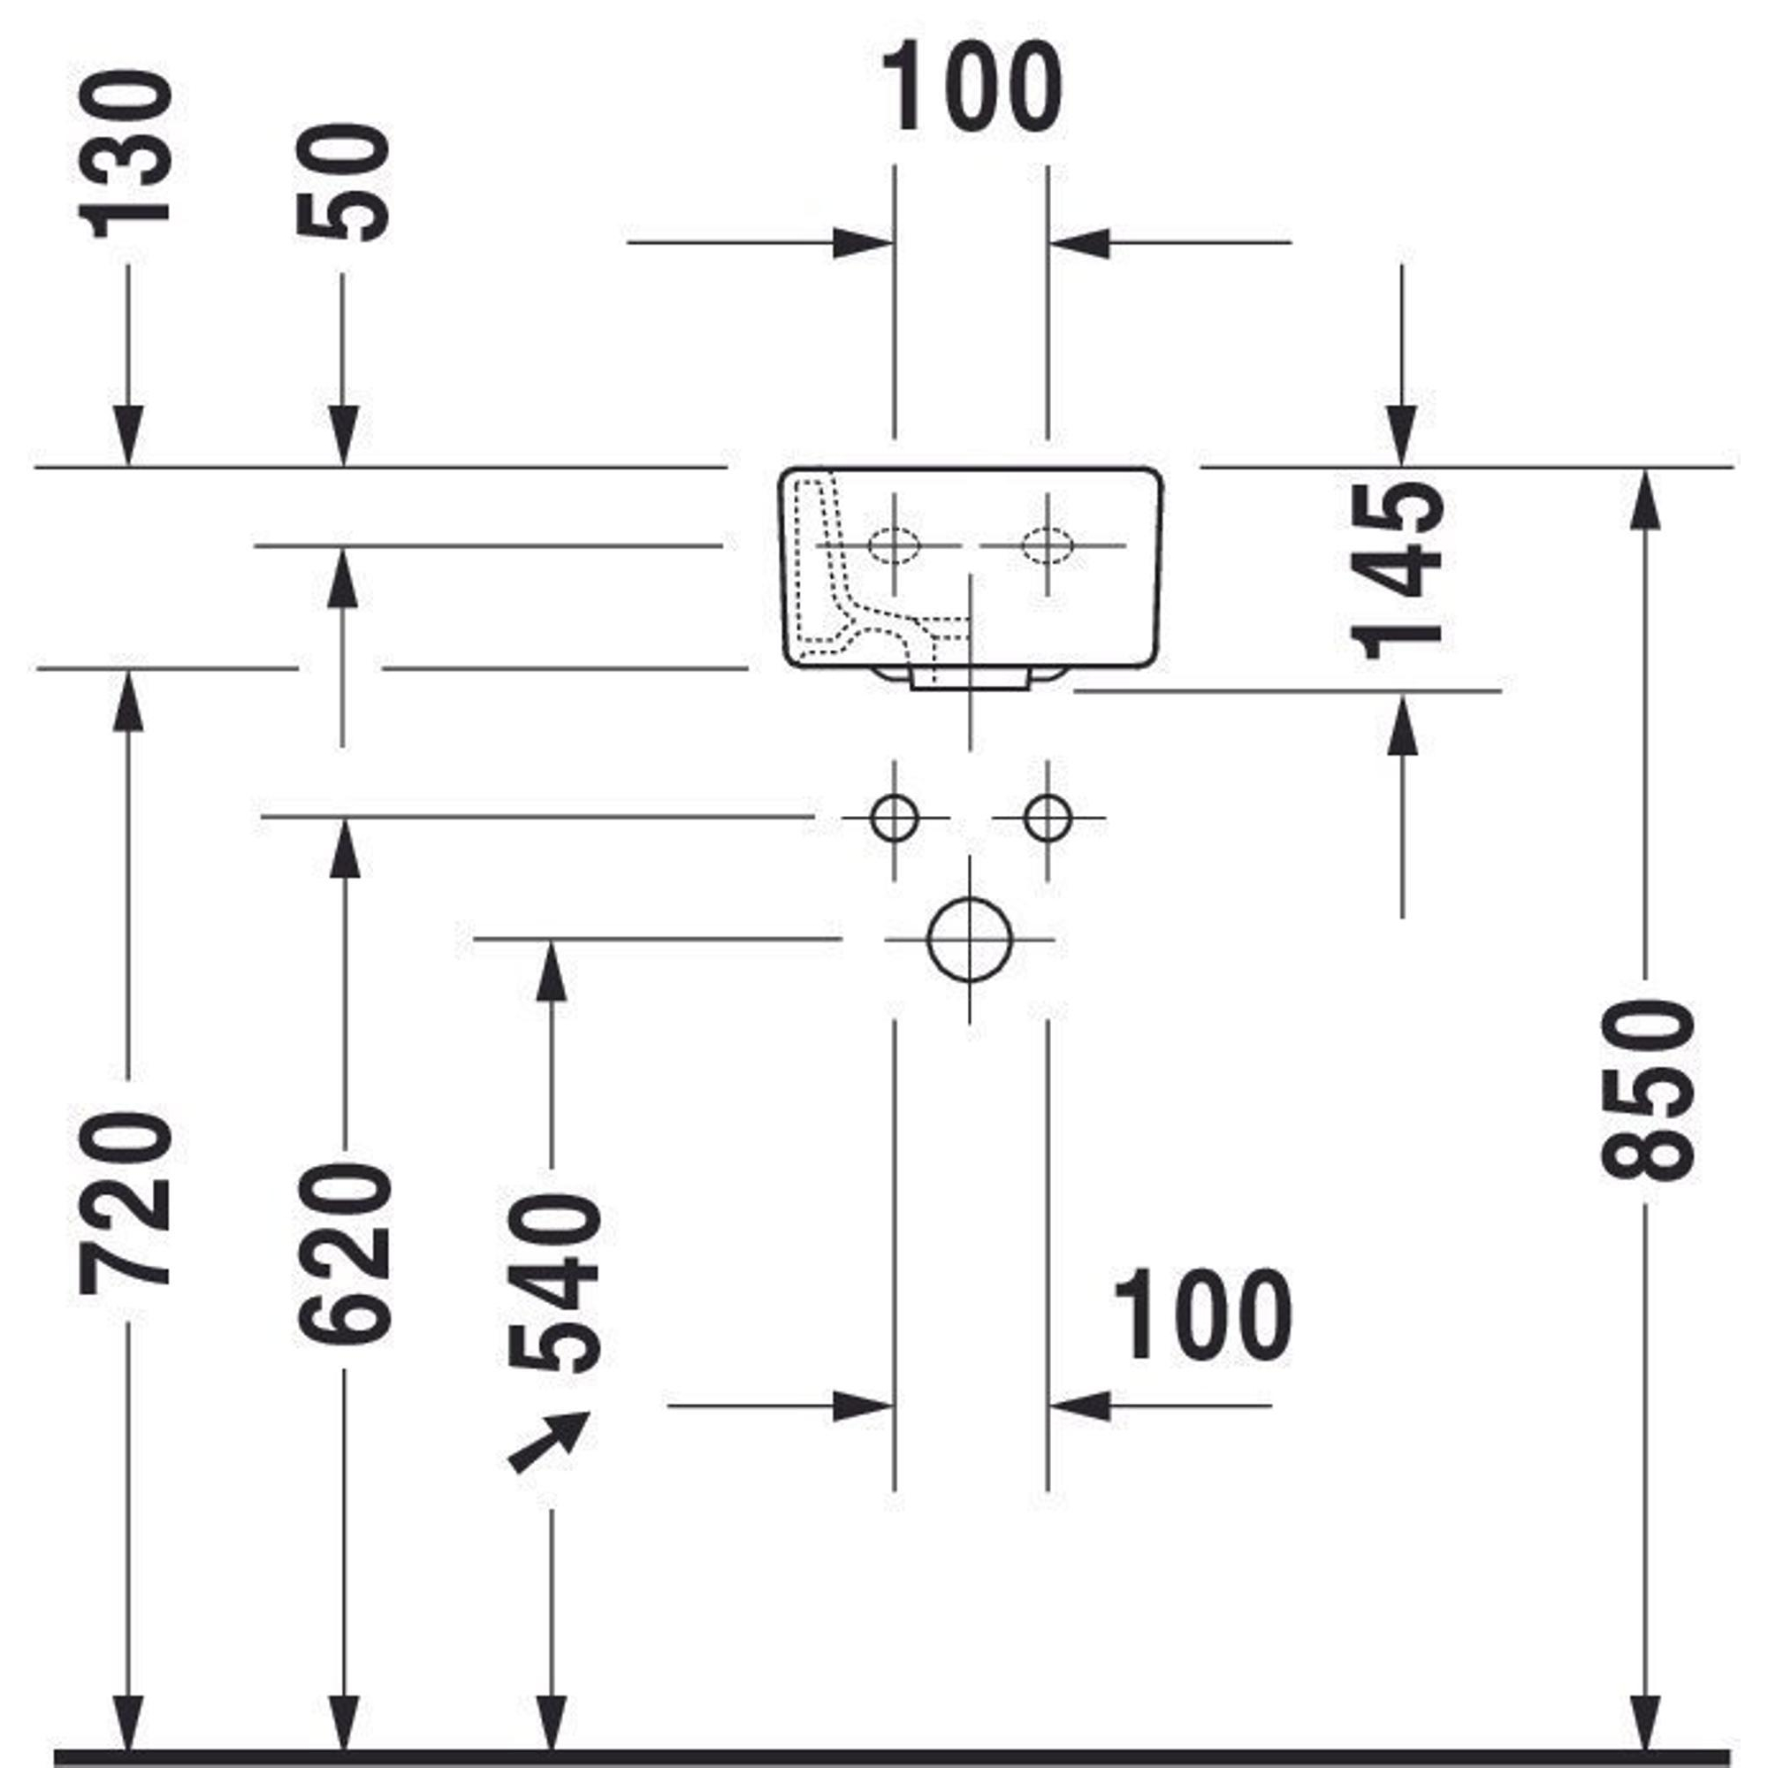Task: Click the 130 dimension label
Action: pos(126,154)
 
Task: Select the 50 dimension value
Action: pos(344,181)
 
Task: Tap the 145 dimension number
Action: pos(1398,571)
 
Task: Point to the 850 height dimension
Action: pos(1647,1089)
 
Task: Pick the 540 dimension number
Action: pos(552,1283)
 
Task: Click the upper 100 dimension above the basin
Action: pos(972,88)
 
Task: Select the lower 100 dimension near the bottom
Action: pos(1202,1316)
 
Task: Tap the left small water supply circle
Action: pos(894,817)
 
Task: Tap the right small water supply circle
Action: pos(1048,817)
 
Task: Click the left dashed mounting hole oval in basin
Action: pos(894,545)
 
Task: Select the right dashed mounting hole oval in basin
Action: pos(1048,545)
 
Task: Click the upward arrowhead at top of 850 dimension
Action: pos(1646,498)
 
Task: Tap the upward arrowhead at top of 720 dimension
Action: pos(128,699)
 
